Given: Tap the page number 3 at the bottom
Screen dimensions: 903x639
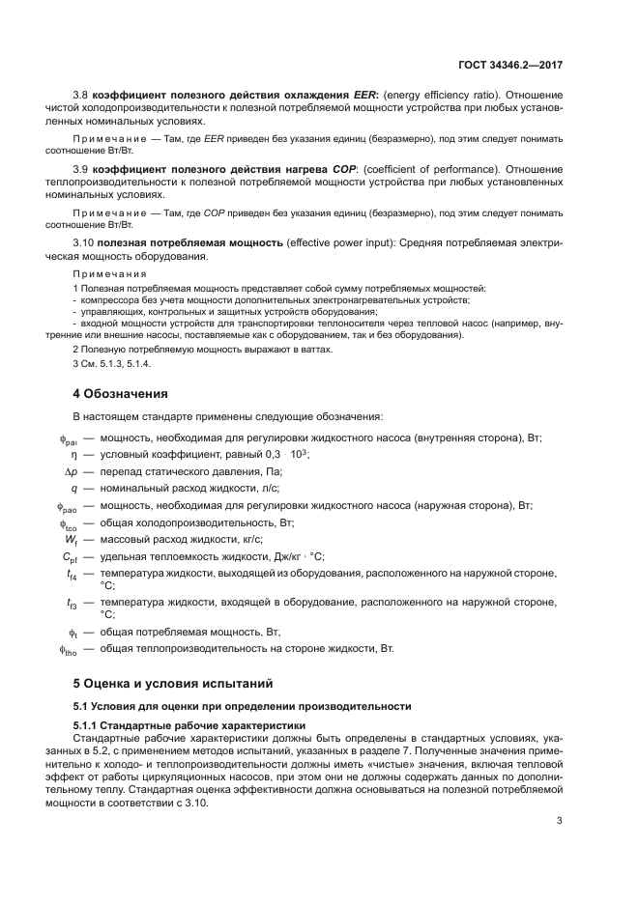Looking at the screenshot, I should click(559, 821).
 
